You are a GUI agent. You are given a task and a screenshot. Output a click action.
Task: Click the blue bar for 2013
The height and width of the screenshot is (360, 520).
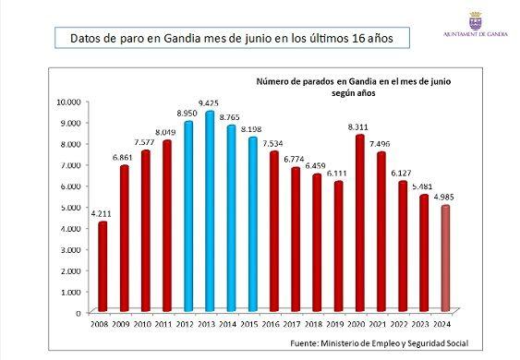tap(210, 211)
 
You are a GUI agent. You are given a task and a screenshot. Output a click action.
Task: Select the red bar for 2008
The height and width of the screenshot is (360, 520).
tap(103, 267)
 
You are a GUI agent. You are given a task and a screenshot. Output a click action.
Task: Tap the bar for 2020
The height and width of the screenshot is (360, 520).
tap(360, 223)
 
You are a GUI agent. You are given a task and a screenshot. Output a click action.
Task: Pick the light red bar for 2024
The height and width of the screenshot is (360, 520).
tap(445, 258)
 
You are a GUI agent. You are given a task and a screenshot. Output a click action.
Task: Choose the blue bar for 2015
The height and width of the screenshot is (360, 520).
tap(253, 224)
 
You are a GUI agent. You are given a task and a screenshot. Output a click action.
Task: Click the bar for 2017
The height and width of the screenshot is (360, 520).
tap(296, 240)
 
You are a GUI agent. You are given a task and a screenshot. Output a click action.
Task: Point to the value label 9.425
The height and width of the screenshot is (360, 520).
tap(209, 103)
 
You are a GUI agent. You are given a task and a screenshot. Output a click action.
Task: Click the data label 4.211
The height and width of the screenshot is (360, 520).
tap(102, 214)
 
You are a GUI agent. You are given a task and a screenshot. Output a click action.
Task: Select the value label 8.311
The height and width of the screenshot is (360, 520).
tap(358, 127)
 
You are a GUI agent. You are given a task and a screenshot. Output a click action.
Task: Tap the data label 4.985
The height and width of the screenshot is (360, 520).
tap(443, 198)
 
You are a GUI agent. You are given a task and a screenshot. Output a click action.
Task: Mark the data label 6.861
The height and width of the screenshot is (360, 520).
tap(122, 158)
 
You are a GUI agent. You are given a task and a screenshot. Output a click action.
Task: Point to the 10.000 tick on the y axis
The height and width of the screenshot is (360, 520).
tap(68, 102)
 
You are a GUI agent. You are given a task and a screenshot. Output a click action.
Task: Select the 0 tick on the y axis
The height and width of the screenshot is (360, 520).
tap(79, 313)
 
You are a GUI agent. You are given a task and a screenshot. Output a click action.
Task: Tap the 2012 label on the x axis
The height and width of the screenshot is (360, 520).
tap(185, 324)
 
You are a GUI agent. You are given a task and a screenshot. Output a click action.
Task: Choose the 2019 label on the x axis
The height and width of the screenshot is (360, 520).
tap(335, 324)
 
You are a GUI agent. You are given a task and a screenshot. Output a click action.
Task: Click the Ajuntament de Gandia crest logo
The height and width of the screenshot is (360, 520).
tap(476, 20)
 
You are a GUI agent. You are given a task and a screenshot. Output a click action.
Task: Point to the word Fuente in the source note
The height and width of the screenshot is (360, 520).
tap(304, 343)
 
